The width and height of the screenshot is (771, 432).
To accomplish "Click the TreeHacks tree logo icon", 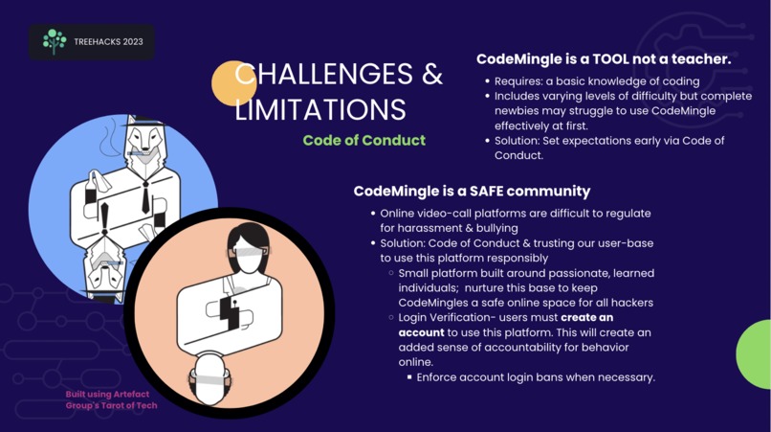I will [55, 41].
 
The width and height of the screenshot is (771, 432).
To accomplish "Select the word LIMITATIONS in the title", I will [320, 108].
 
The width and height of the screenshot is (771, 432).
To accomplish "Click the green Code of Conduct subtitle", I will [363, 141].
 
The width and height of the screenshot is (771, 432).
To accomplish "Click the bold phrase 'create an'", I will [587, 317].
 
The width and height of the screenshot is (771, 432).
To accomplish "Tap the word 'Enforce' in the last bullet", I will [442, 377].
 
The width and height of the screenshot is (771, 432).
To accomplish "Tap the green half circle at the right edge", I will [756, 354].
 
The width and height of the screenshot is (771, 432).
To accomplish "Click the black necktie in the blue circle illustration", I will [144, 195].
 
